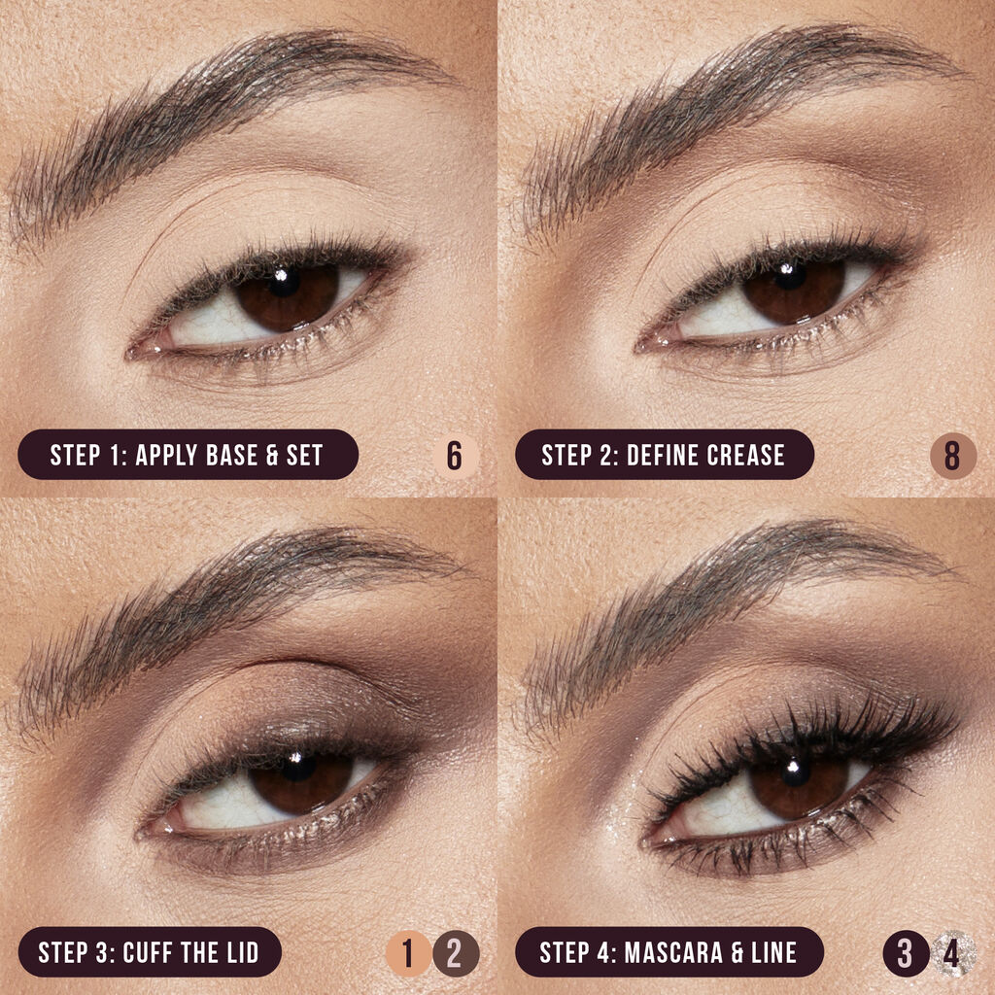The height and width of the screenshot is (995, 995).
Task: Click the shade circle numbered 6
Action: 454,455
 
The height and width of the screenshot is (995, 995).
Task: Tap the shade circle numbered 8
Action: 952,455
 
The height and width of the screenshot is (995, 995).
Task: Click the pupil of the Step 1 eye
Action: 285,283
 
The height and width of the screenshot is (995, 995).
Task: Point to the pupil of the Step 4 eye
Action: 797,772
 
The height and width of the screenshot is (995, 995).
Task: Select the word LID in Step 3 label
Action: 239,953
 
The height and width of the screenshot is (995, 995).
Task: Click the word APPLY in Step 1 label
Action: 167,455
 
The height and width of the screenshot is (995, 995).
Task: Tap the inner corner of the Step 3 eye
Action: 148,832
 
